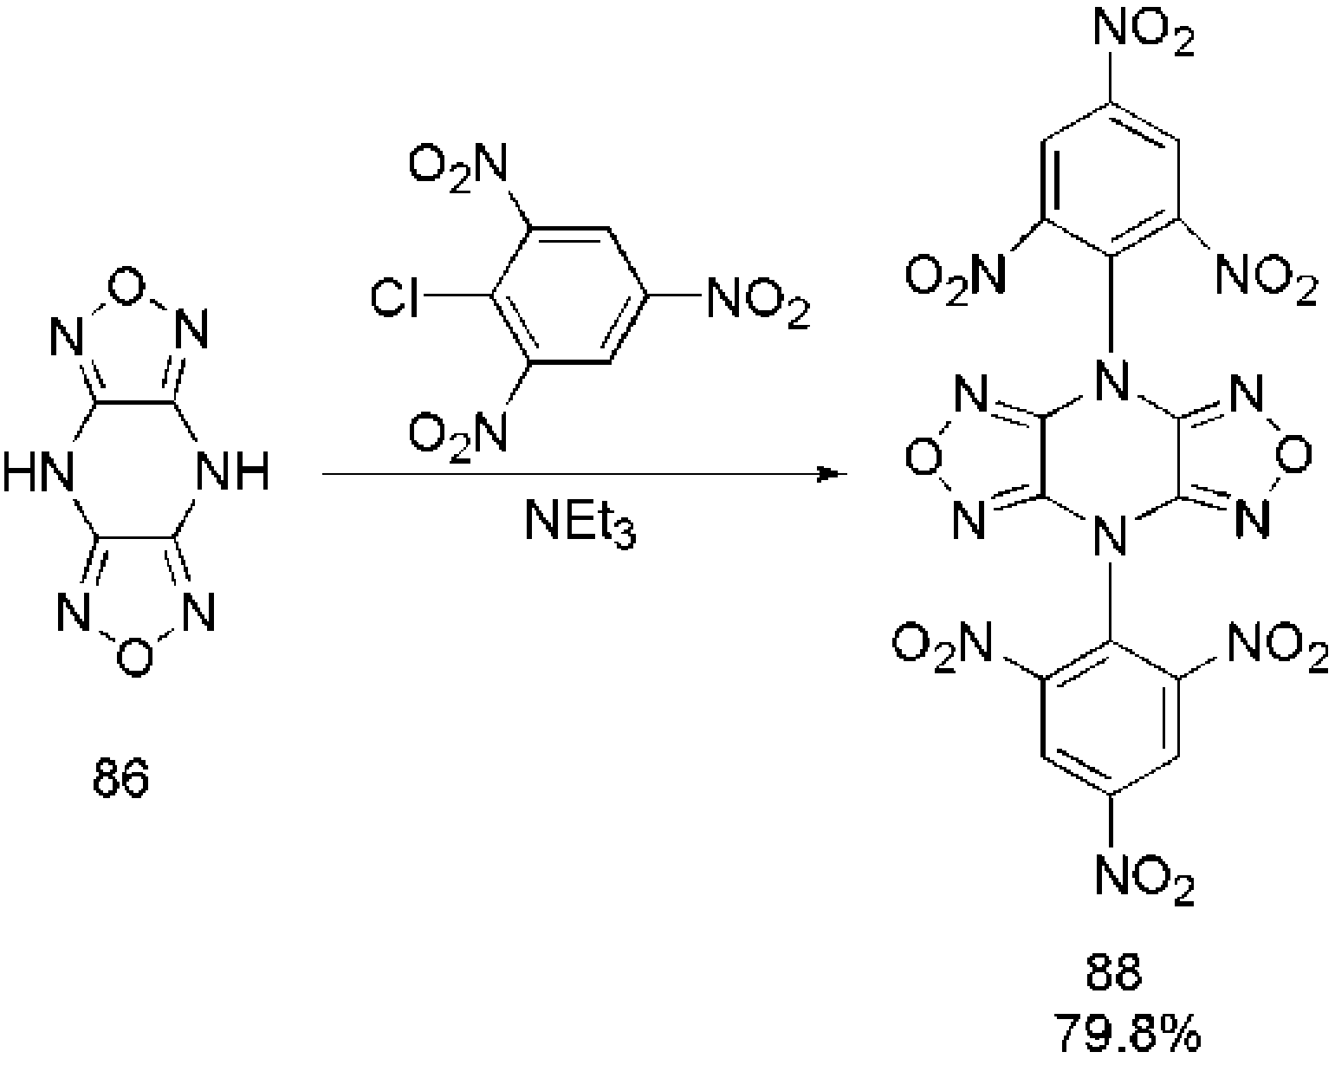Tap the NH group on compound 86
[232, 474]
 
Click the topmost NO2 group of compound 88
[1144, 32]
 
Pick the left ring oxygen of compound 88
[921, 455]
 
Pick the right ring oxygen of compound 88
[1294, 455]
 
